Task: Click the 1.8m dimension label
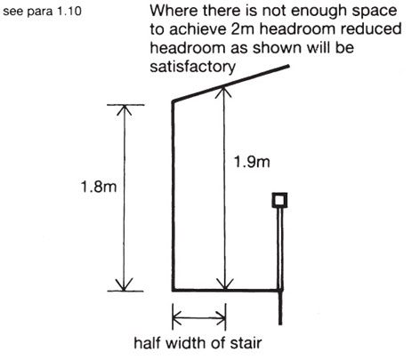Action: click(x=99, y=187)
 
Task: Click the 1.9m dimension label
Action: click(x=252, y=162)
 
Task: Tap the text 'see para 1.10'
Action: click(x=42, y=12)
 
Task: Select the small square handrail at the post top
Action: click(x=279, y=200)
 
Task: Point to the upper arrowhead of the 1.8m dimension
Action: click(x=124, y=110)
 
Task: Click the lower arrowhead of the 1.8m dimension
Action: click(x=124, y=285)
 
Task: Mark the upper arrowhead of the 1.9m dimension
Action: click(x=224, y=91)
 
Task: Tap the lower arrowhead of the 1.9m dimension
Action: click(x=225, y=284)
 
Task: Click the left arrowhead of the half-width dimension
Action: click(x=177, y=318)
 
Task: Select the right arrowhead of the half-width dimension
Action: click(x=221, y=318)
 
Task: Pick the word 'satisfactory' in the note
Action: click(x=192, y=67)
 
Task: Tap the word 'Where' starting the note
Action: click(x=174, y=11)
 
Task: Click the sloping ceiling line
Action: click(x=230, y=84)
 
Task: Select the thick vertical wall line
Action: click(x=174, y=196)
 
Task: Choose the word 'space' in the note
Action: click(x=372, y=12)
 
